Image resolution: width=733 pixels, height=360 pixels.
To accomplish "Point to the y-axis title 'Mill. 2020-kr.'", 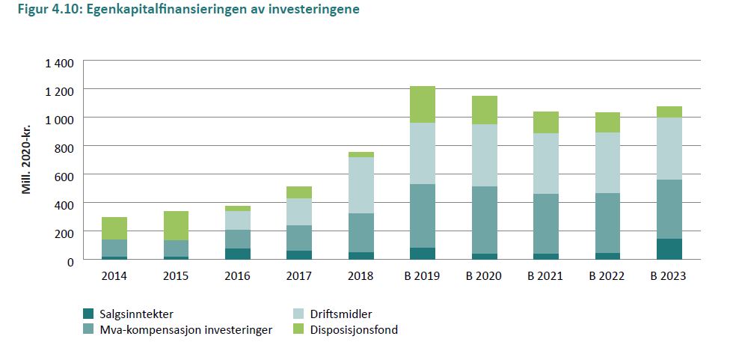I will (27, 160).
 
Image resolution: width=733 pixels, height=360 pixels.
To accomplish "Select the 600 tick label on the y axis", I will (64, 176).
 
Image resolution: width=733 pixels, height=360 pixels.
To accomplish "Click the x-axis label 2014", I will (114, 275).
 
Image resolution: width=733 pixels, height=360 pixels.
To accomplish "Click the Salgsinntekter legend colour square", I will (89, 314).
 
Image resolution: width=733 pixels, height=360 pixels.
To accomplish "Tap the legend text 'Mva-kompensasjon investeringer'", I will (176, 329).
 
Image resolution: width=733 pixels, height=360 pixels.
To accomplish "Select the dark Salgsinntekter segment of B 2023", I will (669, 249).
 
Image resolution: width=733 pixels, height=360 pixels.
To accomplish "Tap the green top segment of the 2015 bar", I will (176, 225).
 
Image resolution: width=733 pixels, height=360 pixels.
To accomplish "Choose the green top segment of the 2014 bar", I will (114, 228).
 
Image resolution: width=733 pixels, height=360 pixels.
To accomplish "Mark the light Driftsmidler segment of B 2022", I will (607, 162).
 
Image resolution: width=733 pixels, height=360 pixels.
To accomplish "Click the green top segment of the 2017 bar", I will (298, 192).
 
